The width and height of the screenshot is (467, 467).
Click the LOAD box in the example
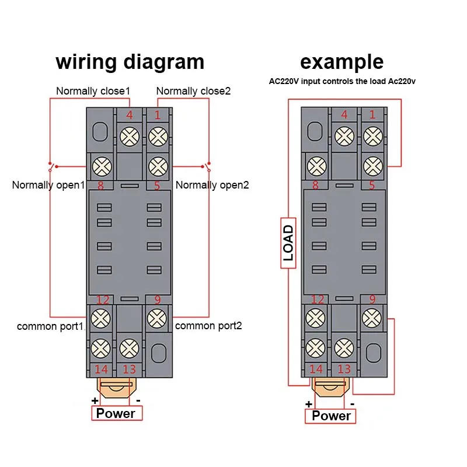(288, 242)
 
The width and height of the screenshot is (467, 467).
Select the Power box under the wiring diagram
(116, 413)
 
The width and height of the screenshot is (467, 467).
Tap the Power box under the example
(330, 416)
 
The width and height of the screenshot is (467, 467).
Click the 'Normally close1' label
(93, 91)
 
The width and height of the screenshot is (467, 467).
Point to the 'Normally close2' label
(193, 91)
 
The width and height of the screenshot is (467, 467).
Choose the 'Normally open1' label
(49, 185)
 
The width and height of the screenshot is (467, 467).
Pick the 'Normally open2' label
(212, 185)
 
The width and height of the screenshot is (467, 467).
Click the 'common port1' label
(51, 326)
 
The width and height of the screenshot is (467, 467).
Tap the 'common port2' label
(208, 326)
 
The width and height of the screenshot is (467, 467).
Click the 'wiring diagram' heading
(130, 61)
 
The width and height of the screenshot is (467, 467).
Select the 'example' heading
(342, 61)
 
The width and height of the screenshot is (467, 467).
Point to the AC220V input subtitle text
(342, 81)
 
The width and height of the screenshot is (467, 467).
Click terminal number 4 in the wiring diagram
(130, 115)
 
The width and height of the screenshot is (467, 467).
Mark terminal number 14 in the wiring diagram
(102, 369)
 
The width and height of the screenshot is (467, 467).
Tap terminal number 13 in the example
(344, 369)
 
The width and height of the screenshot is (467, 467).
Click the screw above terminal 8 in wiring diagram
(103, 166)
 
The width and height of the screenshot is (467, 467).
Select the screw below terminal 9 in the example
(371, 318)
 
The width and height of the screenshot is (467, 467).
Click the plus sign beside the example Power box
(308, 404)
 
